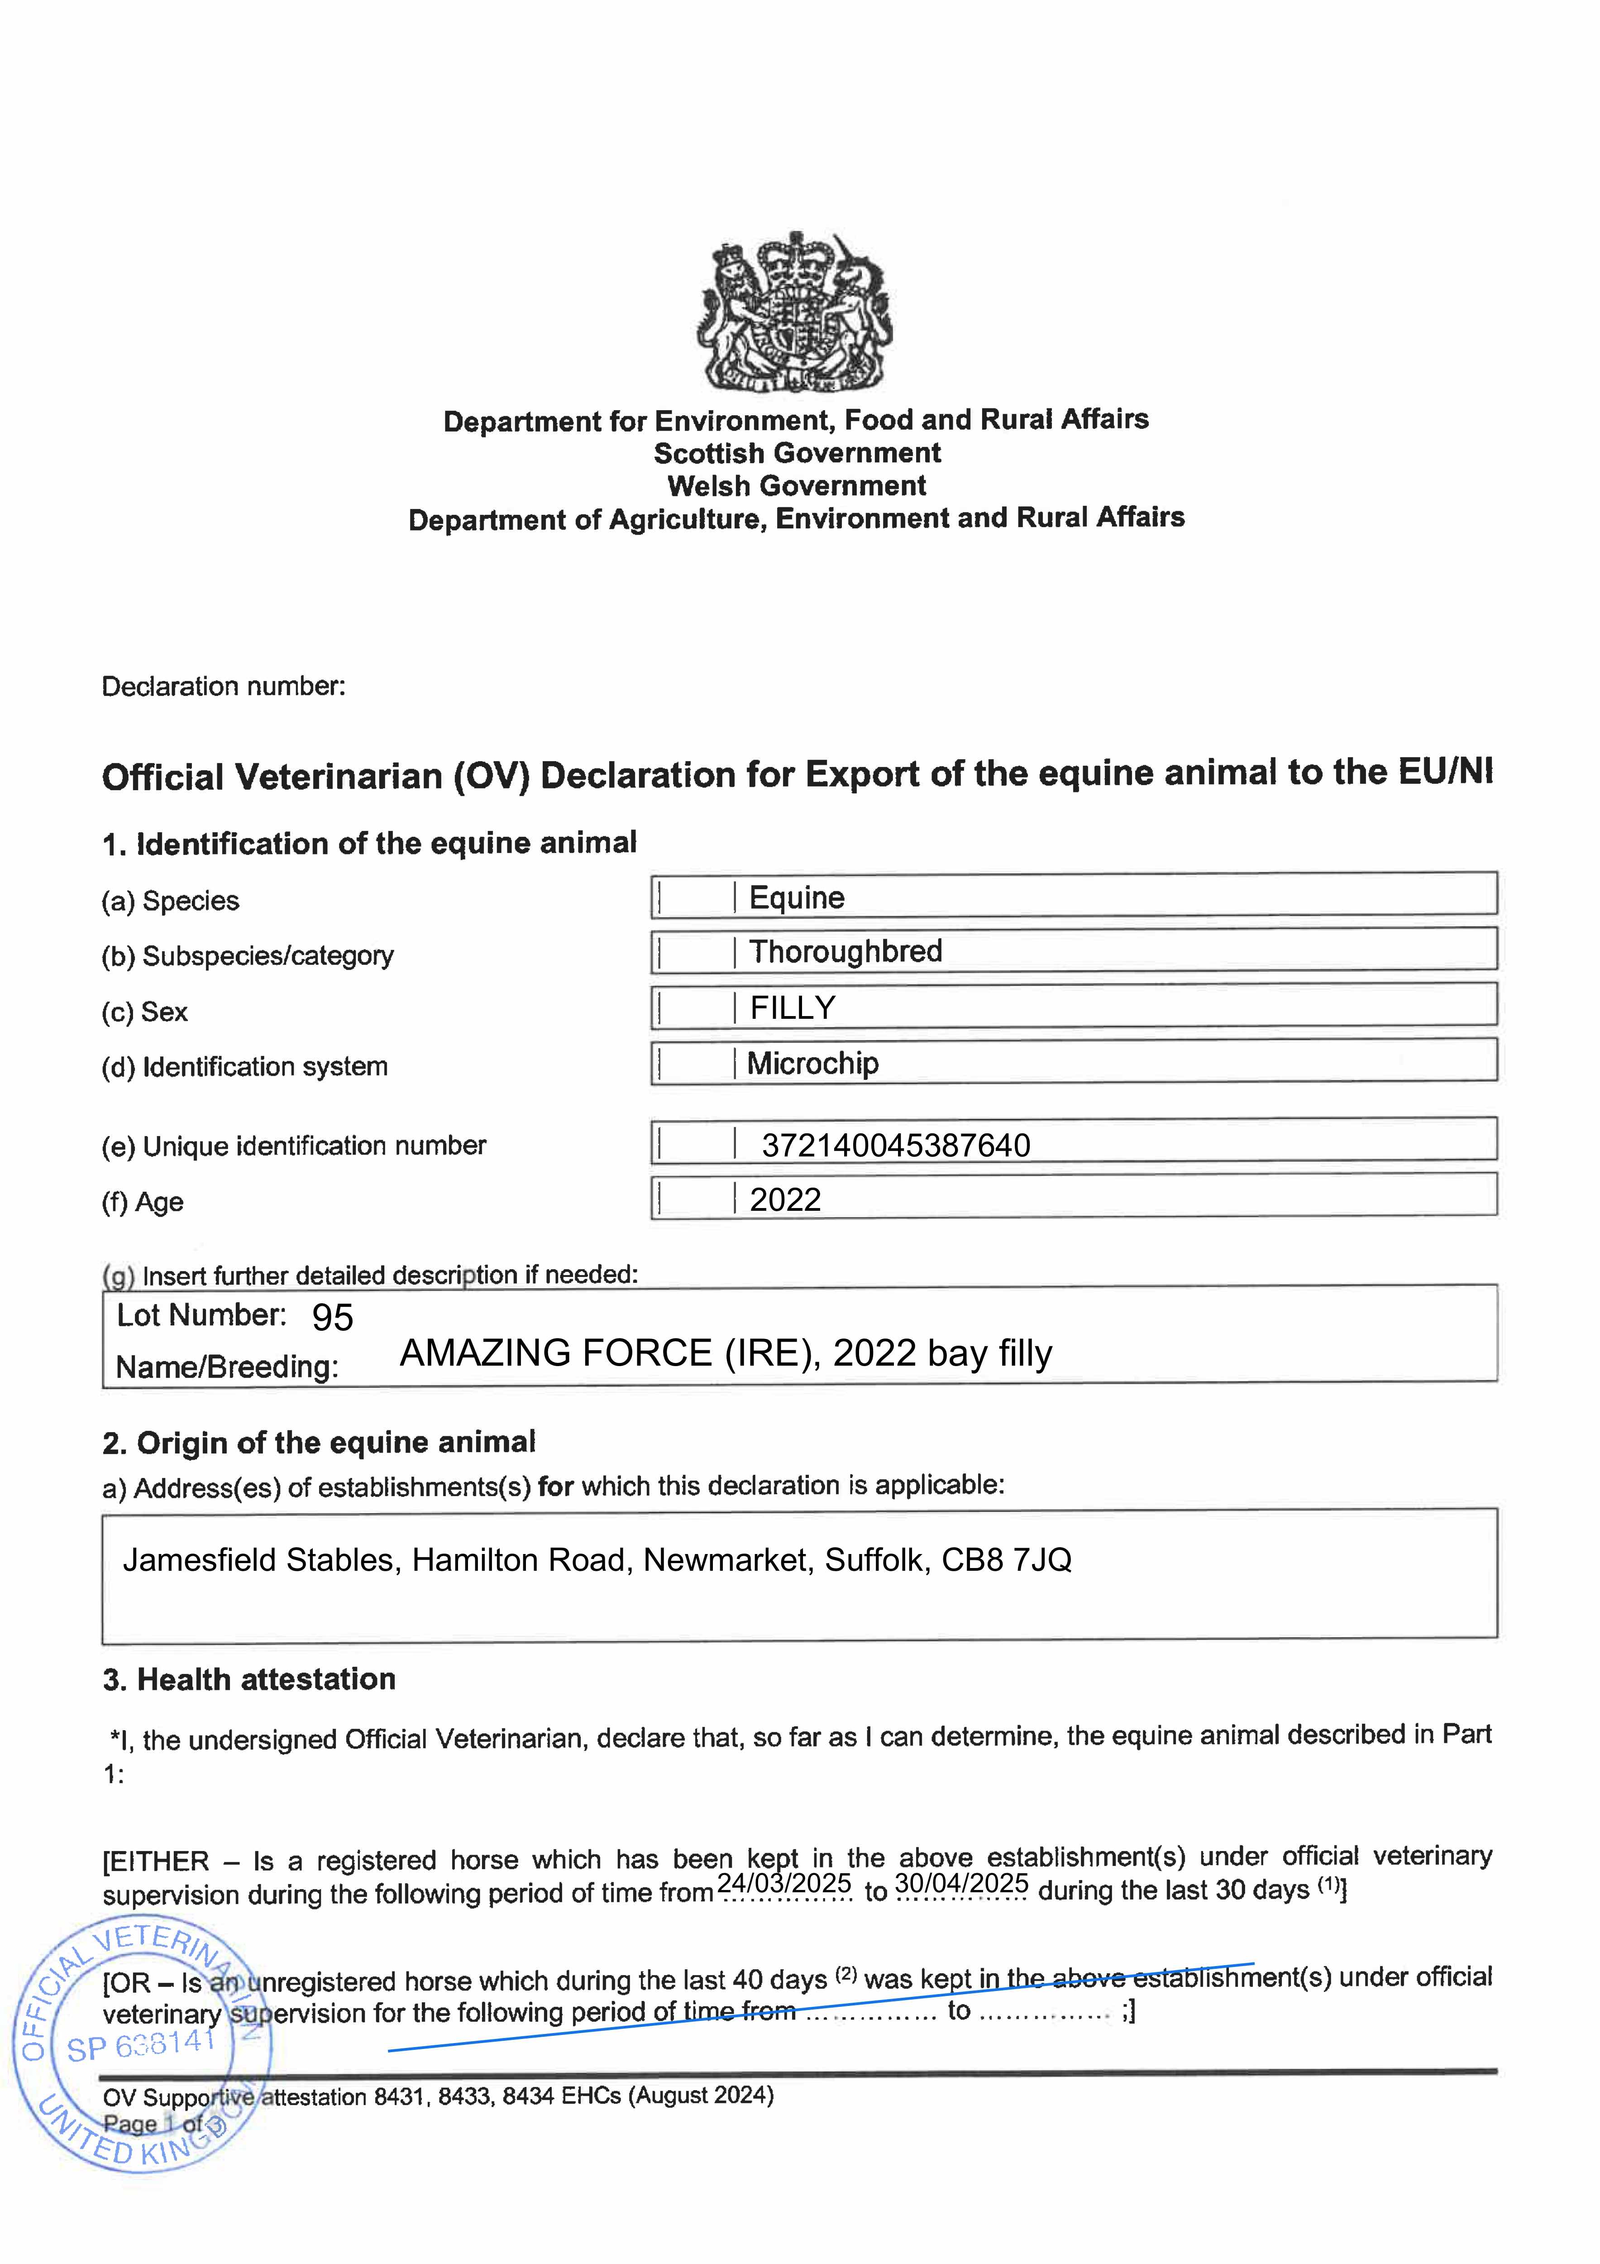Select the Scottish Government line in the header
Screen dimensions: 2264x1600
pyautogui.click(x=797, y=454)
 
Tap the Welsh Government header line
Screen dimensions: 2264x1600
pyautogui.click(x=797, y=486)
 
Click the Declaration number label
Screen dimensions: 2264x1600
pyautogui.click(x=224, y=686)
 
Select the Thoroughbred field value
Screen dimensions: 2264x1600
pyautogui.click(x=845, y=951)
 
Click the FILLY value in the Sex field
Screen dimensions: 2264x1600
pyautogui.click(x=793, y=1008)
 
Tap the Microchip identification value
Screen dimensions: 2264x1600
pyautogui.click(x=812, y=1063)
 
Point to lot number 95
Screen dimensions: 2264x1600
pyautogui.click(x=332, y=1317)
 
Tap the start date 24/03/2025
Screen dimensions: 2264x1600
pyautogui.click(x=784, y=1883)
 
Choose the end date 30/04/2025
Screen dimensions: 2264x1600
pyautogui.click(x=961, y=1883)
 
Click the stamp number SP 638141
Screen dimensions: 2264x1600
pyautogui.click(x=141, y=2046)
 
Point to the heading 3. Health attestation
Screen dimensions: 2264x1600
pyautogui.click(x=249, y=1679)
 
